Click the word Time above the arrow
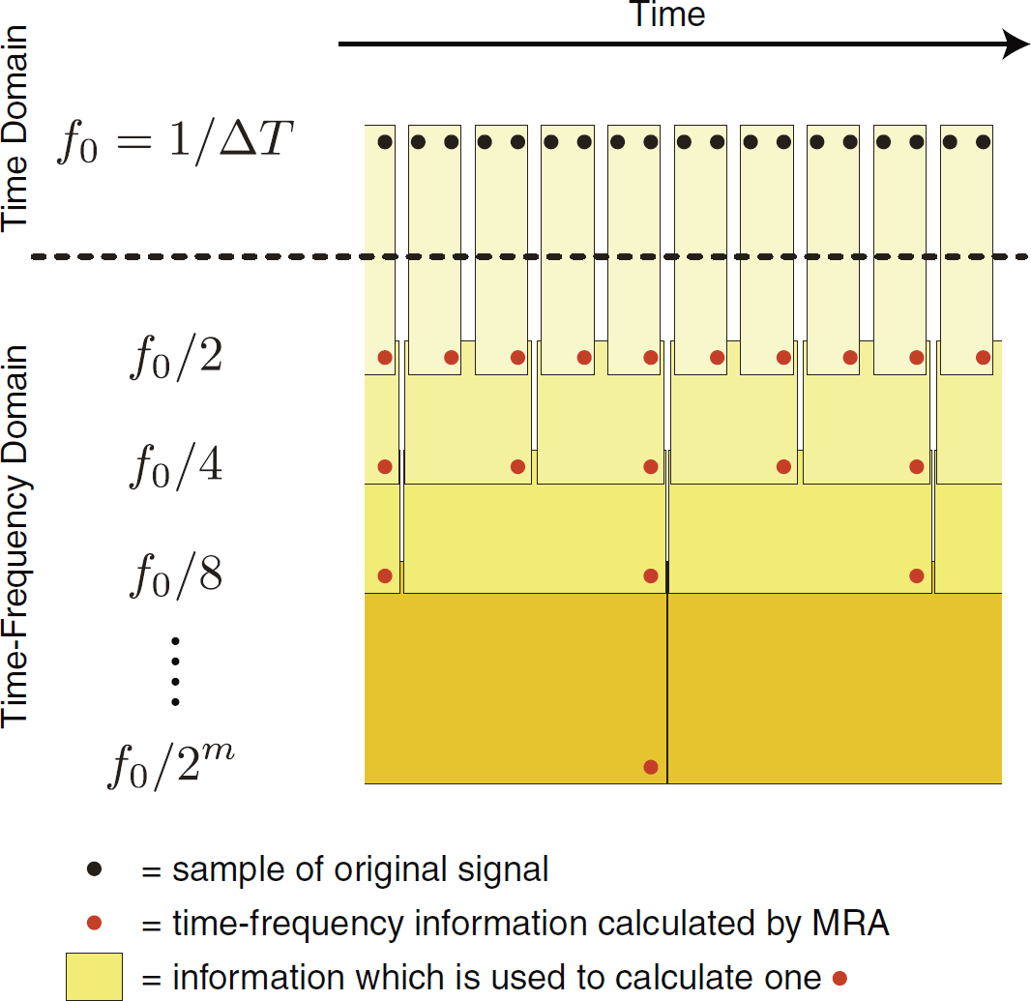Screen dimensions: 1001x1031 tap(668, 15)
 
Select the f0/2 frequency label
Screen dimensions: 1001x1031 tap(175, 357)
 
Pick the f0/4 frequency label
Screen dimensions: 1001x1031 tap(175, 466)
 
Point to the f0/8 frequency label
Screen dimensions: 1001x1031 tap(175, 575)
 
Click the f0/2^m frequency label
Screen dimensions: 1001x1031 tap(170, 764)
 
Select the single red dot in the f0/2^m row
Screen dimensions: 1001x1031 tap(651, 767)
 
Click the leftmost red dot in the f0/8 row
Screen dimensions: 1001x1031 tap(385, 575)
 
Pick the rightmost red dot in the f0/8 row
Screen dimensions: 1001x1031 tap(917, 575)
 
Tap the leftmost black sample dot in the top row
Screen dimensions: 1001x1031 tap(385, 142)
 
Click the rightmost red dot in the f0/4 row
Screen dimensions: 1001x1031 tap(917, 466)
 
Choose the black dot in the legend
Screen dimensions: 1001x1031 tap(95, 869)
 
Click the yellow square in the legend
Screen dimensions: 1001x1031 tap(94, 977)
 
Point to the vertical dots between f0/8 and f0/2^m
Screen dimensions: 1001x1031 tap(175, 669)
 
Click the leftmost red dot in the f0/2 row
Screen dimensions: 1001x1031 tap(385, 357)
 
